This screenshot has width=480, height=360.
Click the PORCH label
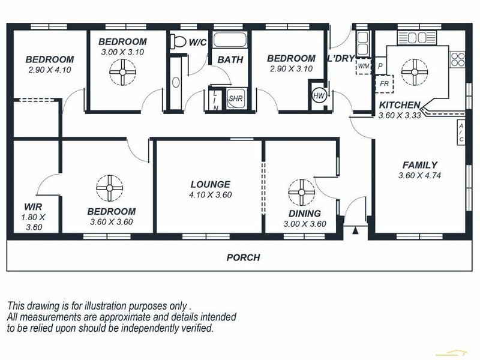243,257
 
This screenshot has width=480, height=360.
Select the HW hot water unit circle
318,95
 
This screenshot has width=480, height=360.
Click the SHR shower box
235,98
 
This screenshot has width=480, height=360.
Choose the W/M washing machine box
364,67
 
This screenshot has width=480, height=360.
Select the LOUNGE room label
210,184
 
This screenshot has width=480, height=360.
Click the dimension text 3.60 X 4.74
419,176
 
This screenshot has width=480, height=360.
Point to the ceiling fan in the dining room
301,192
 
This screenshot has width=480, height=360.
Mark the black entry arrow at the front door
356,230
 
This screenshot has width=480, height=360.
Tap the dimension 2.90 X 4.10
50,70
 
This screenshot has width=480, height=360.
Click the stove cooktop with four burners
458,59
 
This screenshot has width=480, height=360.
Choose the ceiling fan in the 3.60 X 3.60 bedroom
110,188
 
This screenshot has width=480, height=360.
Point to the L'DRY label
340,58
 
